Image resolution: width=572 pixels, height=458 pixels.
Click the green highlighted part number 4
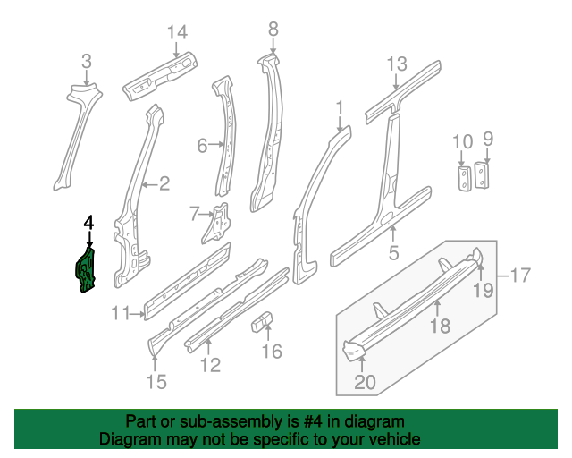point(86,270)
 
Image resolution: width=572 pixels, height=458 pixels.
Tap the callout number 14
point(177,32)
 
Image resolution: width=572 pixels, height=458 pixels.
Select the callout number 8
point(273,29)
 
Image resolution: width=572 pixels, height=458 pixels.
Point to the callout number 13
point(397,64)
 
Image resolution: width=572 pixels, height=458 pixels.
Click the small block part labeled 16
point(262,321)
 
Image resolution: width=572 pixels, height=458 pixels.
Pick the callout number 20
point(365,382)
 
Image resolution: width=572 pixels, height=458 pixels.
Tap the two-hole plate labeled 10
point(464,178)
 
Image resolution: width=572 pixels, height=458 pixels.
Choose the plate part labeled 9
point(482,175)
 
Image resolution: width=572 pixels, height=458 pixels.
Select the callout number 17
point(520,275)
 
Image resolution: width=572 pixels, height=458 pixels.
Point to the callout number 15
point(156,382)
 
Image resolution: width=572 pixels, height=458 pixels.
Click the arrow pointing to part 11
point(138,313)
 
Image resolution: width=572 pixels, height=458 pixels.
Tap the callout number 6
point(202,146)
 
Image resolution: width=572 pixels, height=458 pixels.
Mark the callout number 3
point(87,61)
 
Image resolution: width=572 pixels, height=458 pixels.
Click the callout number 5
point(393,252)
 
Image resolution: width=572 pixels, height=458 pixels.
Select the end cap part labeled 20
point(354,349)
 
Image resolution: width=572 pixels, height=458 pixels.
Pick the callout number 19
point(483,290)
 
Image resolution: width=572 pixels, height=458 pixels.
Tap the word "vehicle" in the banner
point(400,439)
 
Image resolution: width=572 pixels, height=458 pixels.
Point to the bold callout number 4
point(89,223)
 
